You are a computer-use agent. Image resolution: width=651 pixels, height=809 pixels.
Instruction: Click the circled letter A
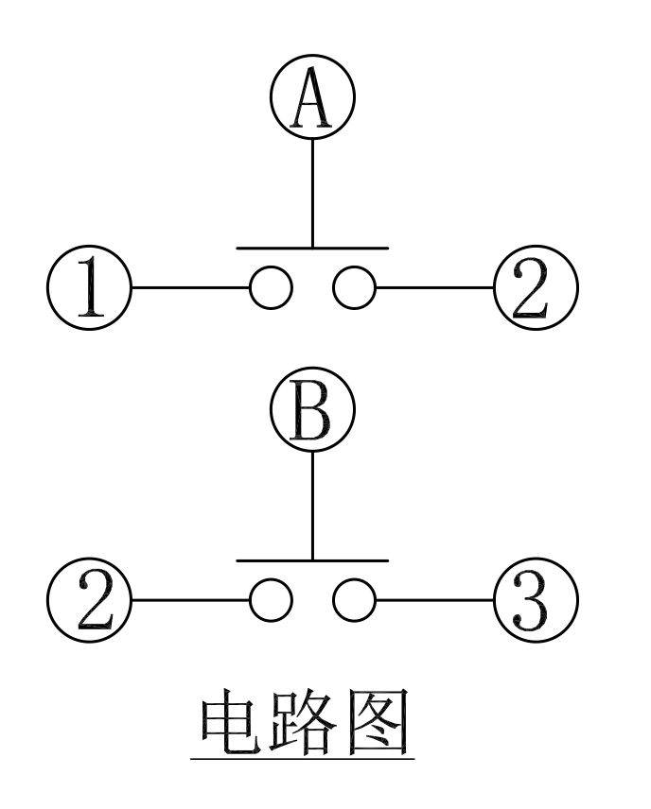pos(312,98)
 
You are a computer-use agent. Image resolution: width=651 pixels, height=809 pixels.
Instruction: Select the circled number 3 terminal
pos(535,599)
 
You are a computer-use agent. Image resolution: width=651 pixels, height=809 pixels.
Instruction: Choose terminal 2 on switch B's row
pos(90,599)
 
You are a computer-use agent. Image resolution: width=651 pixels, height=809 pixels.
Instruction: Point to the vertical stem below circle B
pos(312,506)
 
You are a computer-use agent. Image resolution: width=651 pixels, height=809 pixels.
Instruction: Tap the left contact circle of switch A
pos(271,286)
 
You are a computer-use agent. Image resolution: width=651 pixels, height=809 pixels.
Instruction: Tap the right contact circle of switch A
pos(354,286)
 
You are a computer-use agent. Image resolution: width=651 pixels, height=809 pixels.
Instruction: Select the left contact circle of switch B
pos(271,599)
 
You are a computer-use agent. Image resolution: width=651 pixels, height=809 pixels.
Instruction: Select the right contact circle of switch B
pos(354,599)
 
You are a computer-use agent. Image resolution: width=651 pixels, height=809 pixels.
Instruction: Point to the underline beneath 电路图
pos(303,757)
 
